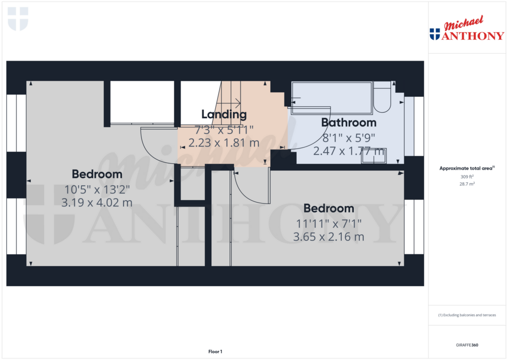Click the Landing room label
pyautogui.click(x=224, y=115)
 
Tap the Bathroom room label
pyautogui.click(x=349, y=122)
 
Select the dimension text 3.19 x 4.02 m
pyautogui.click(x=97, y=203)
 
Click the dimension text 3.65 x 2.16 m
pyautogui.click(x=328, y=237)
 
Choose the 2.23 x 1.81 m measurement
pyautogui.click(x=224, y=143)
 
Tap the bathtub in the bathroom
pyautogui.click(x=331, y=97)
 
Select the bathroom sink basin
pyautogui.click(x=374, y=155)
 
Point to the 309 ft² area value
pyautogui.click(x=467, y=177)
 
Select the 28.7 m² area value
pyautogui.click(x=467, y=184)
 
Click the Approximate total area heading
pyautogui.click(x=467, y=168)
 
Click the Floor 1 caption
pyautogui.click(x=215, y=352)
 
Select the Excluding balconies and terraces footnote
pyautogui.click(x=467, y=315)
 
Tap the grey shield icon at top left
pyautogui.click(x=18, y=18)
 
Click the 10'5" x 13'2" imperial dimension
pyautogui.click(x=97, y=189)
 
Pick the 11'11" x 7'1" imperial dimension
pyautogui.click(x=328, y=223)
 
